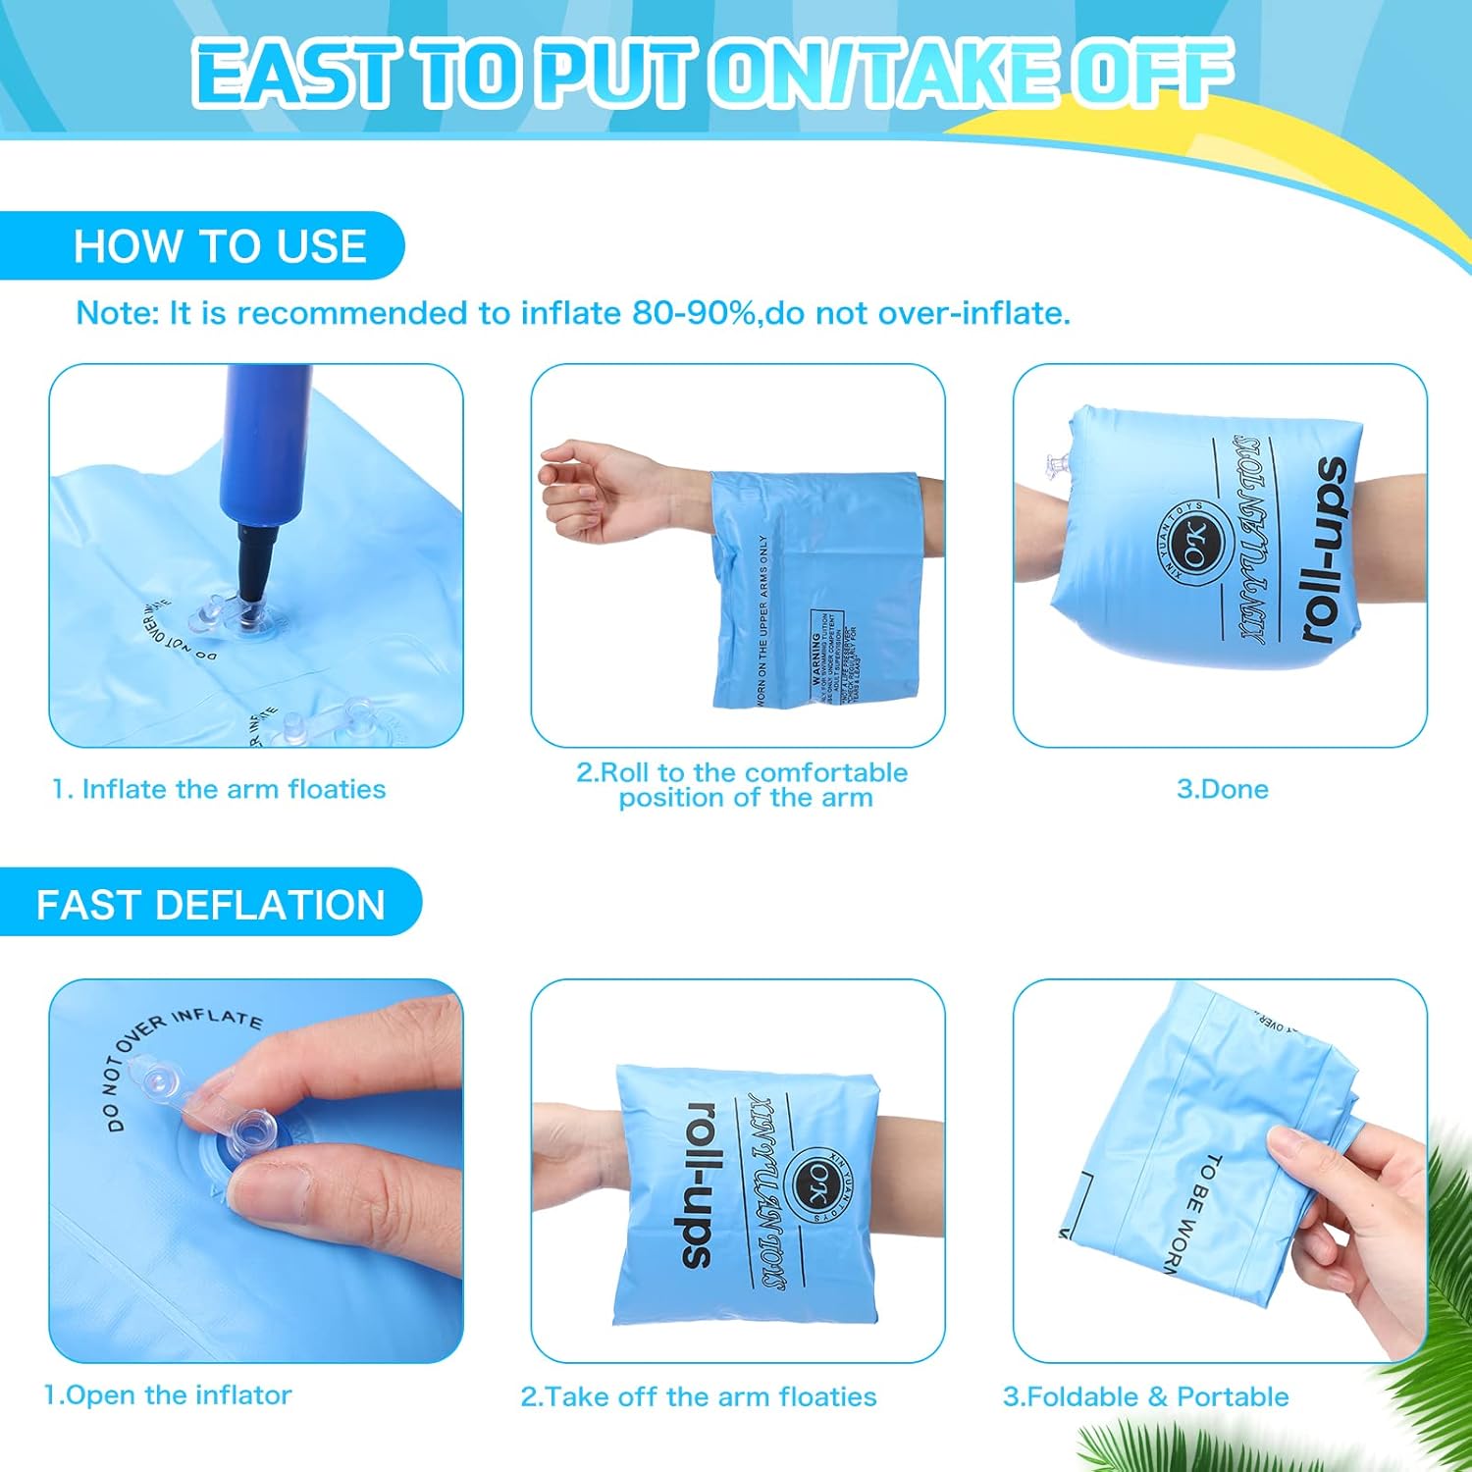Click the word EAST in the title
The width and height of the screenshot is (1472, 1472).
tap(294, 74)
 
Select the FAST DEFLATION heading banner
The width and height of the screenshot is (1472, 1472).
tap(210, 904)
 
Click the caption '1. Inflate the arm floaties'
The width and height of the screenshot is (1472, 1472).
tap(219, 789)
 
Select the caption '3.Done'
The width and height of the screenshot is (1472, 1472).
tap(1222, 789)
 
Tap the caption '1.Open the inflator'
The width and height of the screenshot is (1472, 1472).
tap(168, 1394)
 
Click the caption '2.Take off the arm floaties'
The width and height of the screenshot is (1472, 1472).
tap(698, 1396)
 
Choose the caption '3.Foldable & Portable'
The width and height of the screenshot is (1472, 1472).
tap(1145, 1396)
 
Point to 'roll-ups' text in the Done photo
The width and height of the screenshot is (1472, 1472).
tap(1325, 550)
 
